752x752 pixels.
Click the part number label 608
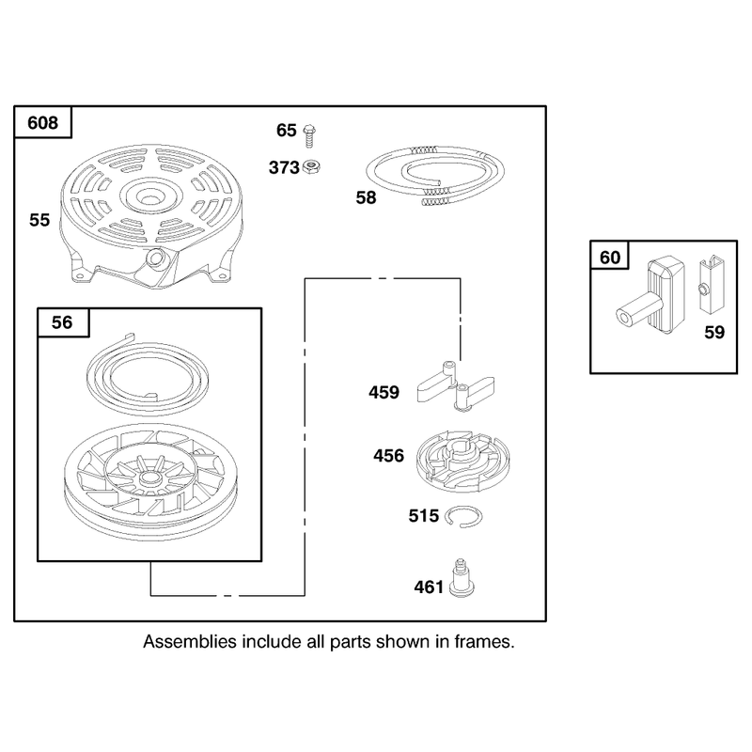point(42,123)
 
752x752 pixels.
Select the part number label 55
point(39,220)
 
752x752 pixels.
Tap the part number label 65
point(287,130)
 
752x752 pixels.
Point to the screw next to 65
point(310,135)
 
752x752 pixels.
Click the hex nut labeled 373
point(312,167)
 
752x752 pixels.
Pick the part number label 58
point(366,197)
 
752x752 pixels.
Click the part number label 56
point(62,322)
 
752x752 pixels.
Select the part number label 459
point(384,392)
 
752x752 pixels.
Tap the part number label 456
point(388,456)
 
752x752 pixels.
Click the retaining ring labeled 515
point(463,516)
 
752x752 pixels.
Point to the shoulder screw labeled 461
point(462,579)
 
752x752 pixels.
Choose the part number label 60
point(610,258)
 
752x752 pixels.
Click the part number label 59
point(714,333)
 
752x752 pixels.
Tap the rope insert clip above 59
point(711,285)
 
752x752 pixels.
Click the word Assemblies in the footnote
point(190,642)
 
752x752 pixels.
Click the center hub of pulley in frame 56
point(150,478)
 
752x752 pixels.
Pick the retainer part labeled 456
point(463,461)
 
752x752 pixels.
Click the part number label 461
point(430,587)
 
